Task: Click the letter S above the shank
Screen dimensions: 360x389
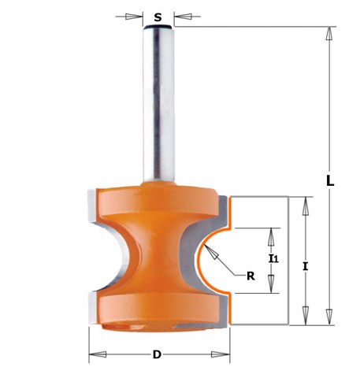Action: click(x=158, y=17)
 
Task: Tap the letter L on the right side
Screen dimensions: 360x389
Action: click(x=330, y=180)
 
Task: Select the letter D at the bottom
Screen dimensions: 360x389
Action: click(x=157, y=355)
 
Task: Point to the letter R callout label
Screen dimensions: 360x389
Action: click(x=251, y=276)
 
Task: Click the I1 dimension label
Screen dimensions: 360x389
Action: click(x=273, y=259)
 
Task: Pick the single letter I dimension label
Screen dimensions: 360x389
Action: click(x=305, y=267)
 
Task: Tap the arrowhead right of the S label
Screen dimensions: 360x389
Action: click(x=183, y=17)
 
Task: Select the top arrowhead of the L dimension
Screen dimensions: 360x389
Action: click(x=328, y=34)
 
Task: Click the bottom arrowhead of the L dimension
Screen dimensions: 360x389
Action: click(x=328, y=317)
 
